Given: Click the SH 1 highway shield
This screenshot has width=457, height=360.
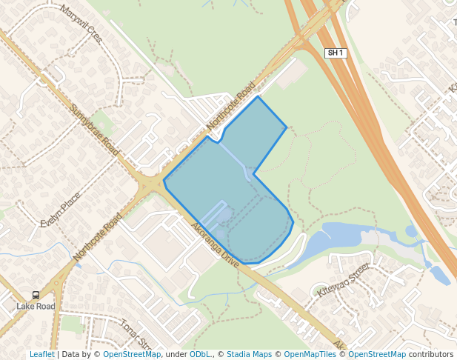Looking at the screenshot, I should coord(336,53).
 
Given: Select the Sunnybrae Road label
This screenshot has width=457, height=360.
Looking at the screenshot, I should coord(94,130).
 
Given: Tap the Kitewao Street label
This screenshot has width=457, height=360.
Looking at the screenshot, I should coord(343,280).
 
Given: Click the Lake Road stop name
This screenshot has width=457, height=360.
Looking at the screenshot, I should coord(36,306).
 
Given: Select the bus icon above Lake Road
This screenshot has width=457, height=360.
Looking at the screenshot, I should coord(36,295).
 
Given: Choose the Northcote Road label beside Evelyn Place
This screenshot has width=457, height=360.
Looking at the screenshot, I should coord(97,237).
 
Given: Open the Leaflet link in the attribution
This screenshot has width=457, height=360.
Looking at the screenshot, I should coord(41,354).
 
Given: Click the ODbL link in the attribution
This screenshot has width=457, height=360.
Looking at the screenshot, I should coord(199,354).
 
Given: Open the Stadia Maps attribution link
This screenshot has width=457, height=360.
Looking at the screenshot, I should coord(249,354).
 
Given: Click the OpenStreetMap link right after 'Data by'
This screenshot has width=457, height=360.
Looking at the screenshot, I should coord(132,354).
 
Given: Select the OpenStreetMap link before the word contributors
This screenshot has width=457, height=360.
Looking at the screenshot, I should coord(377,354).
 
